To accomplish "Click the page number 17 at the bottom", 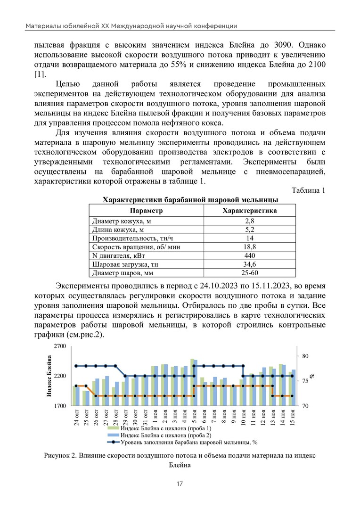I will point(180,484).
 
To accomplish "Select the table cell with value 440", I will point(250,255).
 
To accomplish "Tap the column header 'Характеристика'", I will point(250,210).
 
